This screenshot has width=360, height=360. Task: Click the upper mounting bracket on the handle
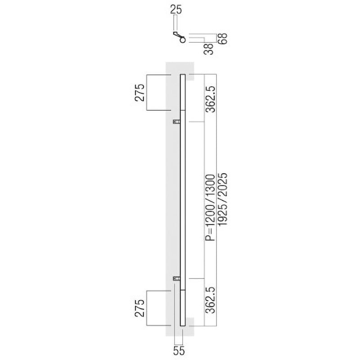pyautogui.click(x=177, y=121)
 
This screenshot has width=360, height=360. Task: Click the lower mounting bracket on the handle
pyautogui.click(x=177, y=279)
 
